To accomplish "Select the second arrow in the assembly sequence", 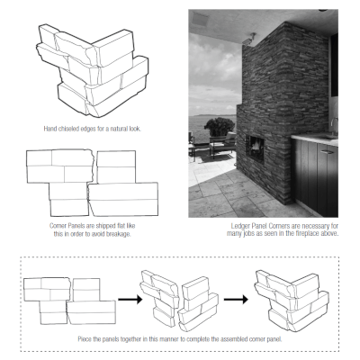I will [x=232, y=297].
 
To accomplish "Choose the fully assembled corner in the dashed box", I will [x=287, y=297].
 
